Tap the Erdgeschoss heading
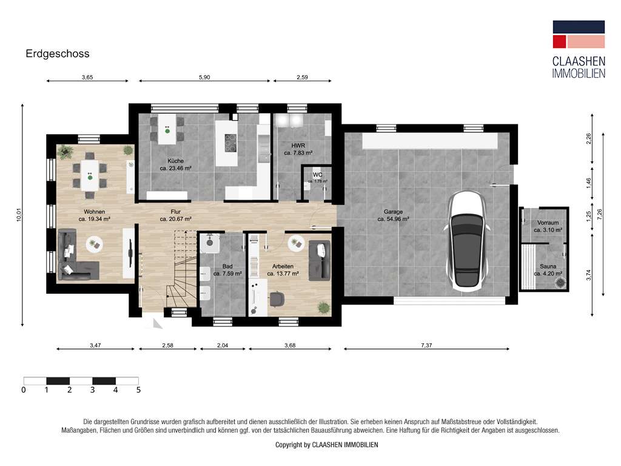(58, 53)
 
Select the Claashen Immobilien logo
(578, 49)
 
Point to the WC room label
(317, 174)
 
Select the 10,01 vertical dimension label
(19, 215)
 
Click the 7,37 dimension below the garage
(426, 345)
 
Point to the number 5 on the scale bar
(138, 390)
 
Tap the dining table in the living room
(90, 174)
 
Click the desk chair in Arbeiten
(278, 298)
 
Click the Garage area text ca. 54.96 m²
(392, 219)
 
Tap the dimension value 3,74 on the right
(589, 275)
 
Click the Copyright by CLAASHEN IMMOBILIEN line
(326, 445)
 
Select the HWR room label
(297, 146)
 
